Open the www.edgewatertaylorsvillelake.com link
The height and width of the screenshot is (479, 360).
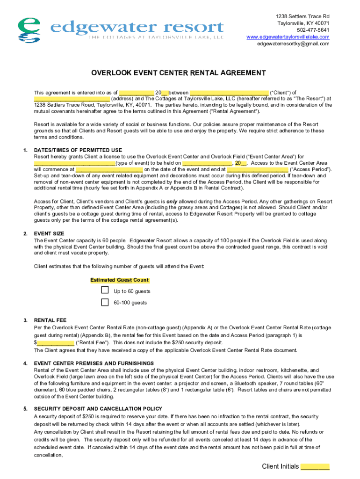pos(288,37)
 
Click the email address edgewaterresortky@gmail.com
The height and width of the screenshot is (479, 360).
pos(293,44)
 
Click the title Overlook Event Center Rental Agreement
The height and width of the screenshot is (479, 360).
pos(178,73)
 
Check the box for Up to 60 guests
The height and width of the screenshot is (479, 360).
pos(105,290)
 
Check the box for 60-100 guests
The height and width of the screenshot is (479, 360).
pos(105,302)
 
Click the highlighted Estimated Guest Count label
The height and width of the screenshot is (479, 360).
pos(119,280)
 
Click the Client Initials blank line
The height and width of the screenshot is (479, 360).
pos(315,467)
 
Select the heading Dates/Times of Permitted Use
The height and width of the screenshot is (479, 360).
pos(78,150)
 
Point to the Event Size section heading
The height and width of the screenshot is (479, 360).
pos(49,233)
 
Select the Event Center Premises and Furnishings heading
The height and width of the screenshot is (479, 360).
pos(94,363)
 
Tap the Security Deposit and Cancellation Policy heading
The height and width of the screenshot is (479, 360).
pos(98,408)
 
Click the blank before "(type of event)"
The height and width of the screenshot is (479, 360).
pos(74,163)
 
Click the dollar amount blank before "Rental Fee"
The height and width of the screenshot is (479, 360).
pos(55,342)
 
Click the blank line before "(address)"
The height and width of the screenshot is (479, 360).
pos(72,99)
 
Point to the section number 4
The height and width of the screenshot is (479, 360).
pos(25,363)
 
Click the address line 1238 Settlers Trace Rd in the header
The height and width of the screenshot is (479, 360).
pos(302,16)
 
